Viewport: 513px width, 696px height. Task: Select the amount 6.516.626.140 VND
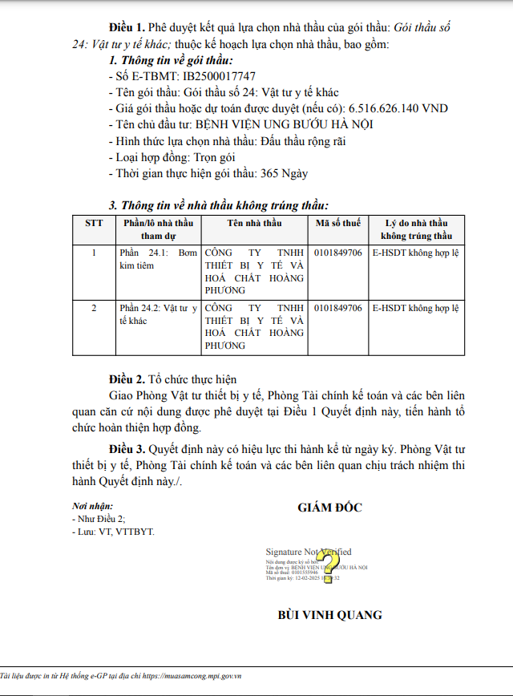398,108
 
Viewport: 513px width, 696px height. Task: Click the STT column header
93,223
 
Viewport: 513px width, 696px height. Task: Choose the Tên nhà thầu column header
254,223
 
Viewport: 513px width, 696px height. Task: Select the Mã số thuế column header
337,223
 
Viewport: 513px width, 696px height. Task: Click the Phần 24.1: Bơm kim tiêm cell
157,259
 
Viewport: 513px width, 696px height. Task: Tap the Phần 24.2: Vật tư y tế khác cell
157,314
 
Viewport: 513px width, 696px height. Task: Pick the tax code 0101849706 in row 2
337,308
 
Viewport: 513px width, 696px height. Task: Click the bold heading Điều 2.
127,379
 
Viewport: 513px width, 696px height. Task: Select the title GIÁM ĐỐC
329,508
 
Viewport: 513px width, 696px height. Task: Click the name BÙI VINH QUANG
329,615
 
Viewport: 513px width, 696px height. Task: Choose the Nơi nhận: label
92,506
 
